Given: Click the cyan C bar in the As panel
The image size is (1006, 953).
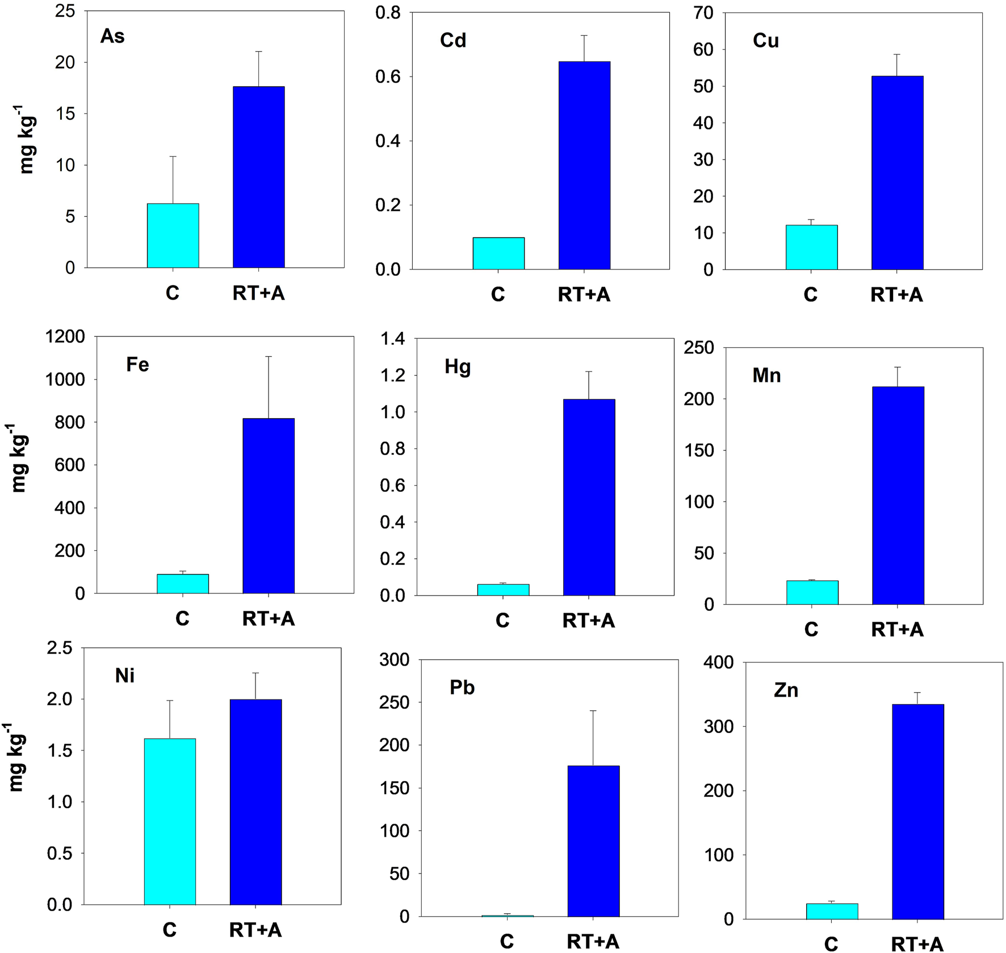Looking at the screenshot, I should [173, 235].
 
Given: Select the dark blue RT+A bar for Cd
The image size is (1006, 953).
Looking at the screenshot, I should [584, 165].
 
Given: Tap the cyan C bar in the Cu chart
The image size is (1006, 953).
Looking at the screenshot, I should [811, 247].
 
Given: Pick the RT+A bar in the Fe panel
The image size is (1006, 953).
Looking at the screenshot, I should [269, 505].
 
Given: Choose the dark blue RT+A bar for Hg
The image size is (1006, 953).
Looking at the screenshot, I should [589, 497].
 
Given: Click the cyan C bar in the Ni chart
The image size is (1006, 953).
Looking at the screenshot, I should [170, 821].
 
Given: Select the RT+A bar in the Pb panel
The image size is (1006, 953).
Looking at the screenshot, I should [593, 841].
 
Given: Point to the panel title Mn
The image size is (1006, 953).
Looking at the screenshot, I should [766, 376].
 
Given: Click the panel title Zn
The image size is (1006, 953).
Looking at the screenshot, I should [786, 690].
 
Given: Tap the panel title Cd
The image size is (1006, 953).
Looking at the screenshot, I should [453, 40].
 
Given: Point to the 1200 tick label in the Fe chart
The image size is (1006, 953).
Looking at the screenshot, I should [65, 336].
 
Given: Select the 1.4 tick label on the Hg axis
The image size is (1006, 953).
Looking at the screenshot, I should [393, 339].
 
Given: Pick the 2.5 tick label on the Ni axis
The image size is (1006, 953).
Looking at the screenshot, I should [60, 648].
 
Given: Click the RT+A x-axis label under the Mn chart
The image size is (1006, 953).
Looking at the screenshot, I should [897, 630].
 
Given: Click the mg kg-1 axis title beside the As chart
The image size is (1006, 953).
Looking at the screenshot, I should [27, 139].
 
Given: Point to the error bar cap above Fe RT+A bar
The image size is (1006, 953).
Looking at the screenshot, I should [269, 356].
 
